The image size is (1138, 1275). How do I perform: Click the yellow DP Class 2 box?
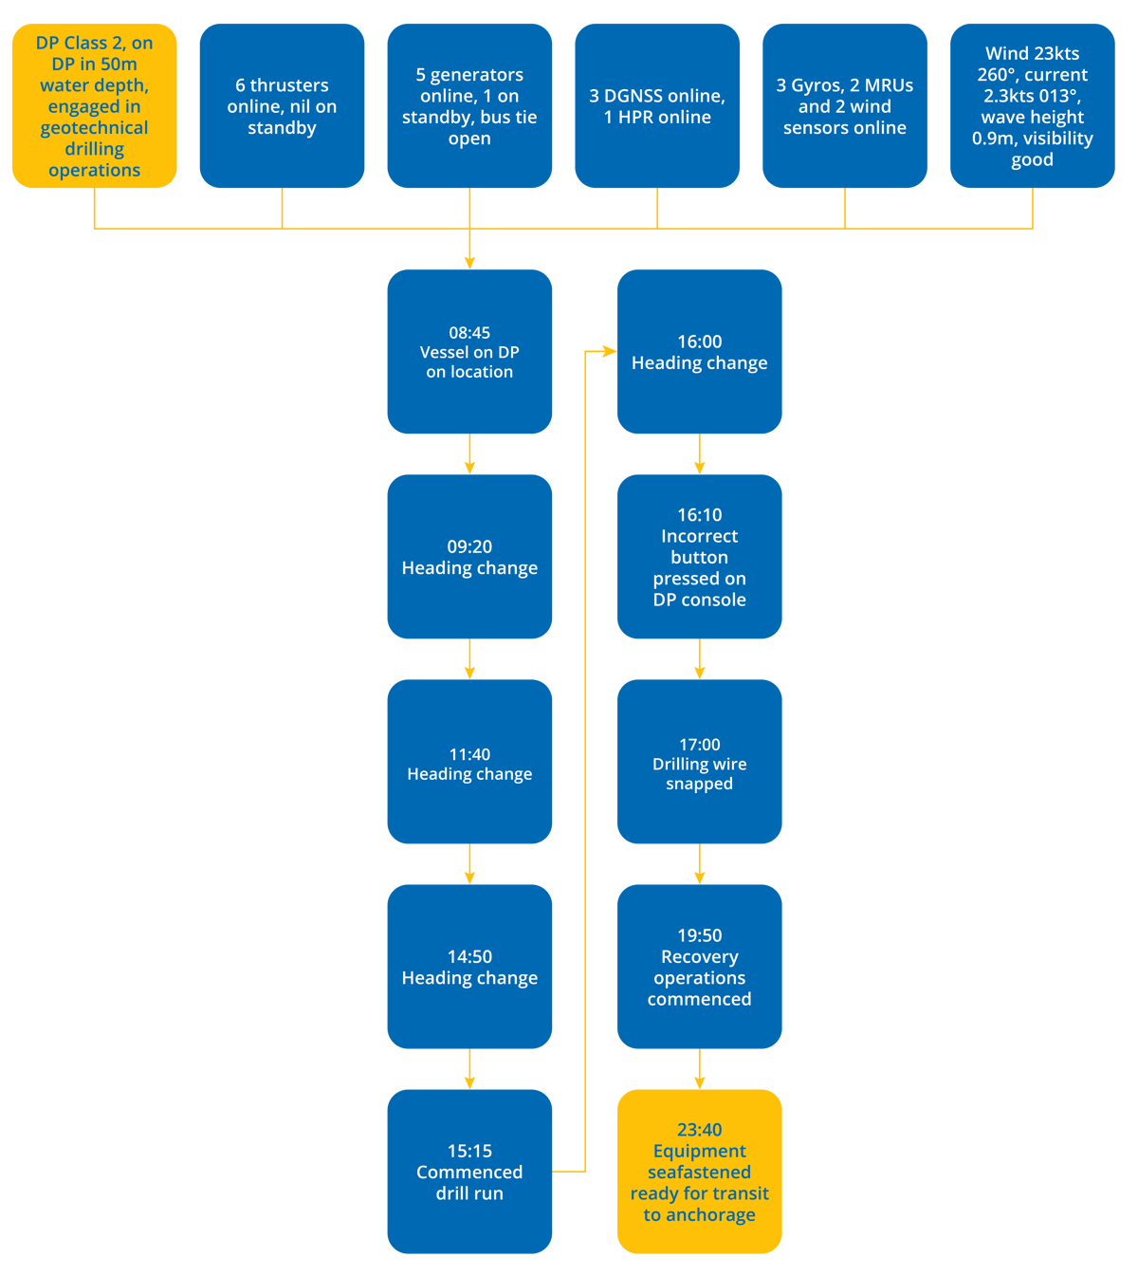click(94, 106)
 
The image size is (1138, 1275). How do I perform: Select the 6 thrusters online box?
click(282, 106)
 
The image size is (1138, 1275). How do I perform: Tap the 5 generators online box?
click(469, 106)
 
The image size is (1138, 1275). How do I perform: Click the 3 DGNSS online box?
click(657, 106)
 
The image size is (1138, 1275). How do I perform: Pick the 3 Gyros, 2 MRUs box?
click(844, 106)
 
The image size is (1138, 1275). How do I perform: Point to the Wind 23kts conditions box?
click(1032, 106)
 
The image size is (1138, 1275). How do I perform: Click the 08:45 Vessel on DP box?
click(469, 352)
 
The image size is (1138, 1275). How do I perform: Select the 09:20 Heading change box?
click(469, 557)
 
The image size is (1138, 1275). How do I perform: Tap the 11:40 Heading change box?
click(469, 762)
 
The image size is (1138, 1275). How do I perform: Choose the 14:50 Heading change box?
click(469, 967)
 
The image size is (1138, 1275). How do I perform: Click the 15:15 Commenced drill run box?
click(469, 1172)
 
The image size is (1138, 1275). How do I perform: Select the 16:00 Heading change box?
click(699, 352)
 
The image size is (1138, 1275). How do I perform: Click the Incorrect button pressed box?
click(699, 557)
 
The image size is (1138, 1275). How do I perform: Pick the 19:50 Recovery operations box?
click(699, 967)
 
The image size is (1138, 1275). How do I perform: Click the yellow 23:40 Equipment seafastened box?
click(699, 1172)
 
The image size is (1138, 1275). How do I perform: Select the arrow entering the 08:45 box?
click(469, 256)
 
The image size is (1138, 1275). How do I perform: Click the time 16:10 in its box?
click(699, 515)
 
